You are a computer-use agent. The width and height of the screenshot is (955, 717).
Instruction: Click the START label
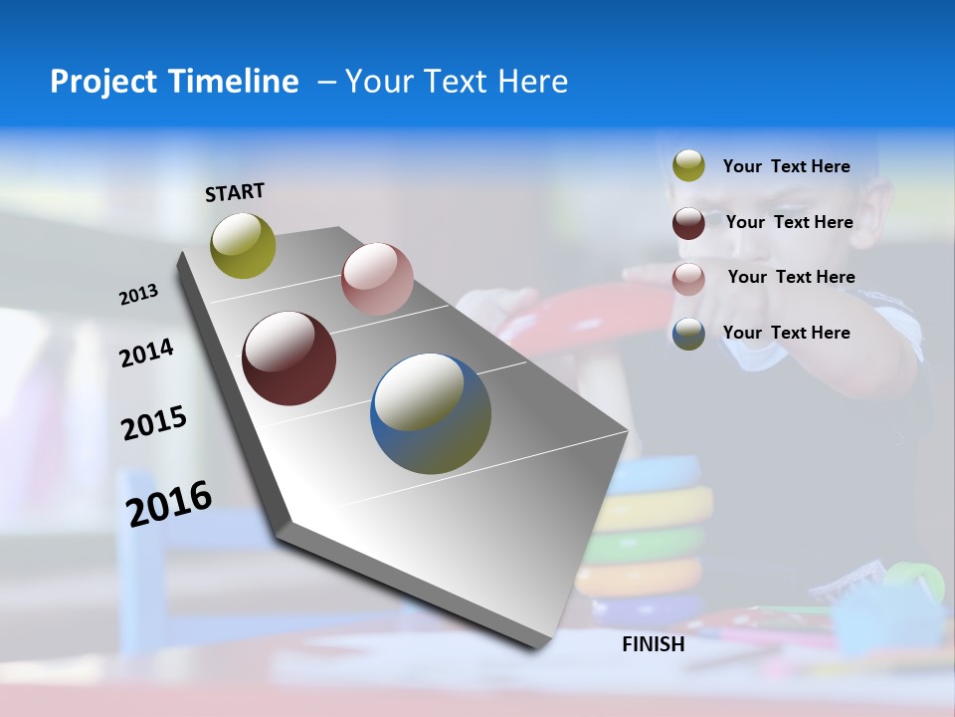235,192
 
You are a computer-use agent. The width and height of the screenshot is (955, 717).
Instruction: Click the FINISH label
654,644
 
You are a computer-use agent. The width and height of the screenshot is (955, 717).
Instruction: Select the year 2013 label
138,295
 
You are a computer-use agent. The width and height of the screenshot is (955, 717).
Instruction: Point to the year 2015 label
154,423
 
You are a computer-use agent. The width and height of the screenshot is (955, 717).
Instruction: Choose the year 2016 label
169,503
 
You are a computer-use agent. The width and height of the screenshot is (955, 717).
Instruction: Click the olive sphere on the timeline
243,245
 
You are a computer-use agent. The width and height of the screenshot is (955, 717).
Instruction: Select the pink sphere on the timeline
377,279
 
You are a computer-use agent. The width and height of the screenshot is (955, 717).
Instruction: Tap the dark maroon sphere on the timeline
288,358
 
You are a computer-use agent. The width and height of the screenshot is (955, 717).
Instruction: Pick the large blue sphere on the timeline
431,413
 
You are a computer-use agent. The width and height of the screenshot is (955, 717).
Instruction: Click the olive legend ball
688,166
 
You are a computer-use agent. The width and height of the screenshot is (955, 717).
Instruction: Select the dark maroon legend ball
688,223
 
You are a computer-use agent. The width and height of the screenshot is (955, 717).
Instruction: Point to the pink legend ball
688,279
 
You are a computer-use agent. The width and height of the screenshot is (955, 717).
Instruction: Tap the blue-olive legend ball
688,334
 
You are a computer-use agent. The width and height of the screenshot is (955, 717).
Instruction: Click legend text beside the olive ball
787,167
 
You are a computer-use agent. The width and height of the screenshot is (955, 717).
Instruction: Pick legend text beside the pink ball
791,277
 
